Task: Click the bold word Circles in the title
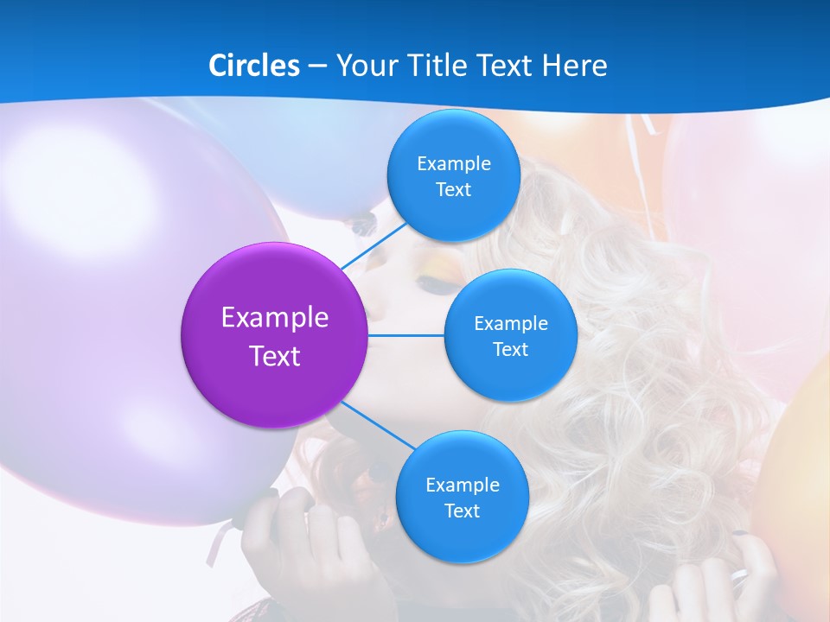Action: (x=253, y=66)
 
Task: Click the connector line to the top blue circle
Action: (x=373, y=245)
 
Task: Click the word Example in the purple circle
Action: (x=275, y=318)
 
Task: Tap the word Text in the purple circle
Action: (x=275, y=356)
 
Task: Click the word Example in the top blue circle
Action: (x=454, y=163)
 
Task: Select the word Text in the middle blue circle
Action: (x=510, y=349)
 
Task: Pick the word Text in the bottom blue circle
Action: (x=462, y=511)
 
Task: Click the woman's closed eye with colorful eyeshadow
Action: (x=429, y=282)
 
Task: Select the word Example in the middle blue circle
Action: (x=510, y=324)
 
